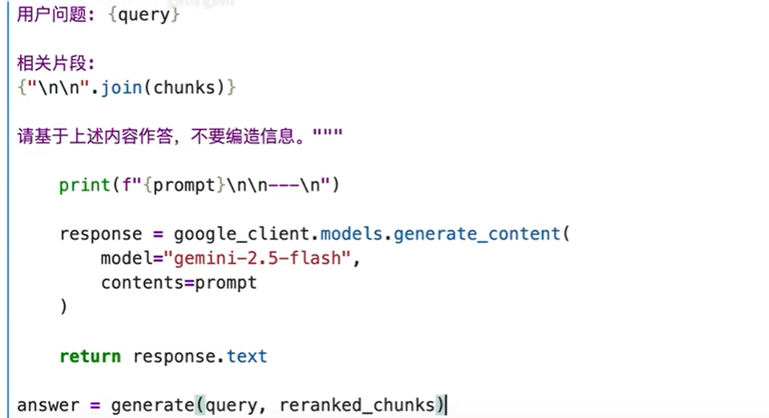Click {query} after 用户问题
click(x=144, y=15)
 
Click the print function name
click(x=84, y=185)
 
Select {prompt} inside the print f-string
click(x=184, y=185)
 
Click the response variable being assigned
click(x=100, y=234)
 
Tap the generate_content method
click(x=476, y=234)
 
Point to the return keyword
click(x=90, y=356)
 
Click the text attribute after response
click(x=247, y=356)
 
